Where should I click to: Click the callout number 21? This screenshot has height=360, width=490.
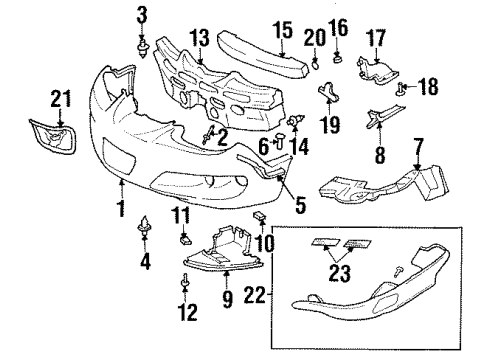(x=61, y=99)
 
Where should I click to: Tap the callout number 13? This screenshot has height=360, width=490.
(x=200, y=38)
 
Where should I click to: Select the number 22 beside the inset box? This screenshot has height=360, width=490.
(x=255, y=295)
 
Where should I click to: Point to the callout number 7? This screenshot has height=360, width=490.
(x=418, y=146)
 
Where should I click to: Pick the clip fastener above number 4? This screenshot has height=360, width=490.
(x=145, y=226)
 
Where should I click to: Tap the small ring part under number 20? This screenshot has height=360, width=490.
(x=315, y=64)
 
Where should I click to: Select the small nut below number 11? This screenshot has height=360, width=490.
(x=186, y=239)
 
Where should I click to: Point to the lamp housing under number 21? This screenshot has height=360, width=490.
(x=54, y=136)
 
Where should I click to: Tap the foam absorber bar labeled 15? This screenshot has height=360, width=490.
(x=264, y=54)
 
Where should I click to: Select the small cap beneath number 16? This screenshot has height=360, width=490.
(x=338, y=59)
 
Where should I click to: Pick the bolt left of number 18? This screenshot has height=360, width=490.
(x=400, y=89)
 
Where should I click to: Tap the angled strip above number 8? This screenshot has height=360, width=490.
(x=385, y=115)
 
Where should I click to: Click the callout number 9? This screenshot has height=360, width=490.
(x=227, y=299)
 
